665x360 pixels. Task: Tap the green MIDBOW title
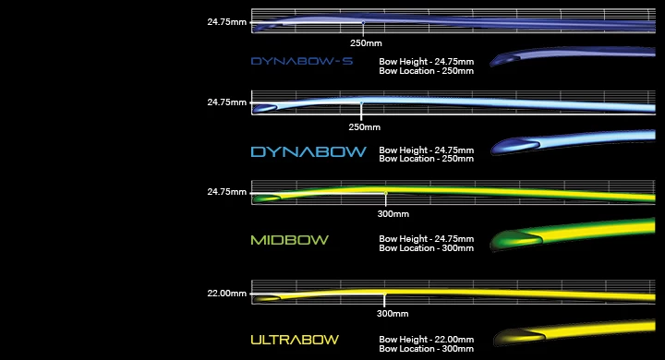pos(289,240)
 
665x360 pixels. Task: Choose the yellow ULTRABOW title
pos(295,340)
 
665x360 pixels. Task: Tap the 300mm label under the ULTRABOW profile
pos(386,313)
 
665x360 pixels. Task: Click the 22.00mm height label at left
pos(227,294)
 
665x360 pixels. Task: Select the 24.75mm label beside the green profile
pos(227,192)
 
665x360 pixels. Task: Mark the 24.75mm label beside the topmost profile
pos(227,21)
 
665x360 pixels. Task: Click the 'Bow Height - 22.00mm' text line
pos(426,339)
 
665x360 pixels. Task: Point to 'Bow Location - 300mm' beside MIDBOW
pos(426,248)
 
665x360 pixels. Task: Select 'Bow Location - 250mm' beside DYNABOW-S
pos(426,70)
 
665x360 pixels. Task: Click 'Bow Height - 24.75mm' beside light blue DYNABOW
pos(426,150)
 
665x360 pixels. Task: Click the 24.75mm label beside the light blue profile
pos(227,102)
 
